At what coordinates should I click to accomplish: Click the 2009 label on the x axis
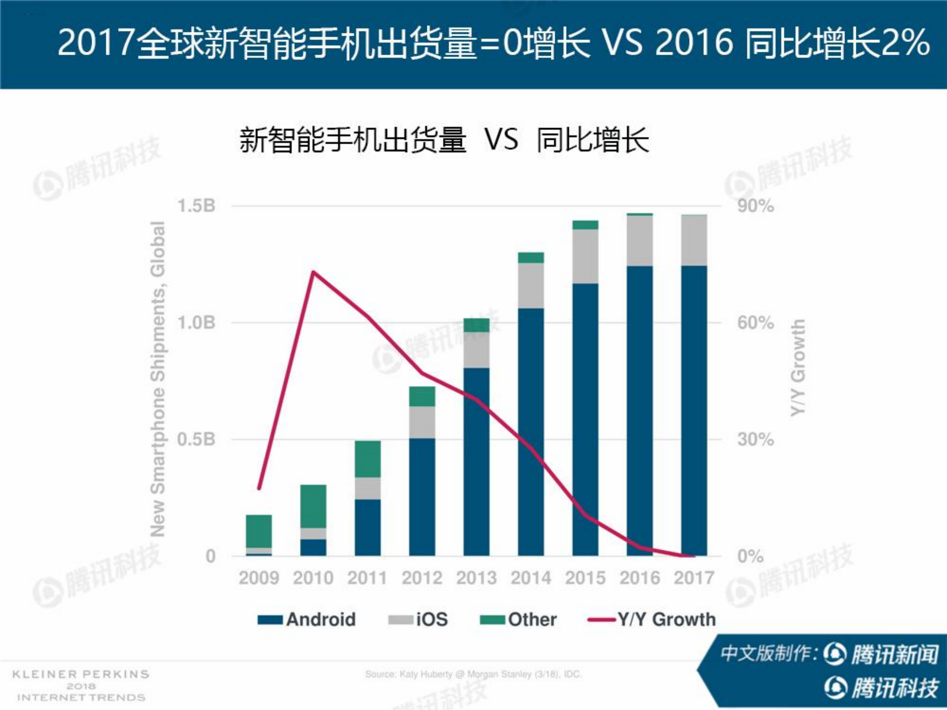259,578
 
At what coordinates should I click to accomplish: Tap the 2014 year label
530,578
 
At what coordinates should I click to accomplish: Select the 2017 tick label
694,578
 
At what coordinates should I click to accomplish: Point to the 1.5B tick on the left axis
196,206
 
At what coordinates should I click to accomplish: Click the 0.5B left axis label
196,439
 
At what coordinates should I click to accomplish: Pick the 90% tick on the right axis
755,206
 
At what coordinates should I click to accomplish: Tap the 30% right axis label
755,439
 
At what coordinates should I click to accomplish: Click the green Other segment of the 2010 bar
313,506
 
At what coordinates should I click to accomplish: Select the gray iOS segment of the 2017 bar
694,240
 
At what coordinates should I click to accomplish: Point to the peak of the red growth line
313,272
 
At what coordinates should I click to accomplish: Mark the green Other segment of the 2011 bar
367,459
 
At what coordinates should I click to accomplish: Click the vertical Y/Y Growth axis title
797,367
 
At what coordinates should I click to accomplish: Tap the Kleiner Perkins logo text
81,686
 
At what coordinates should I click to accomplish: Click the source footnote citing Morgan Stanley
473,675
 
